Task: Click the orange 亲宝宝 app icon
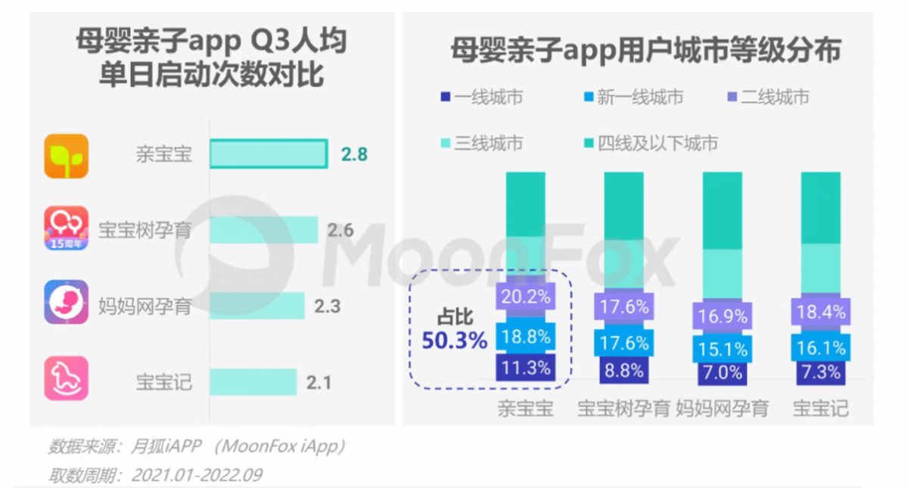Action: point(66,156)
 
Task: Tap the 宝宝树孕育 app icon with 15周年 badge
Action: point(66,229)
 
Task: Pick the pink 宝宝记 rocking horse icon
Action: point(66,378)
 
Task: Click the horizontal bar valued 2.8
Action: point(268,154)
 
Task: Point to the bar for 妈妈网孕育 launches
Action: point(257,306)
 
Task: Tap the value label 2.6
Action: point(340,230)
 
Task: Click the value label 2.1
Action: point(319,382)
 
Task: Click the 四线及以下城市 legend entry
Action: point(651,142)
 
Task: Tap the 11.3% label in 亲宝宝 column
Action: point(525,369)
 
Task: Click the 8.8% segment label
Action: point(624,371)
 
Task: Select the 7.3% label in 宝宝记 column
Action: point(820,371)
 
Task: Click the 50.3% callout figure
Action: point(454,341)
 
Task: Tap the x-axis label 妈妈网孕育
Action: point(722,409)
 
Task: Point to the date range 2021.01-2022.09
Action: point(197,474)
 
